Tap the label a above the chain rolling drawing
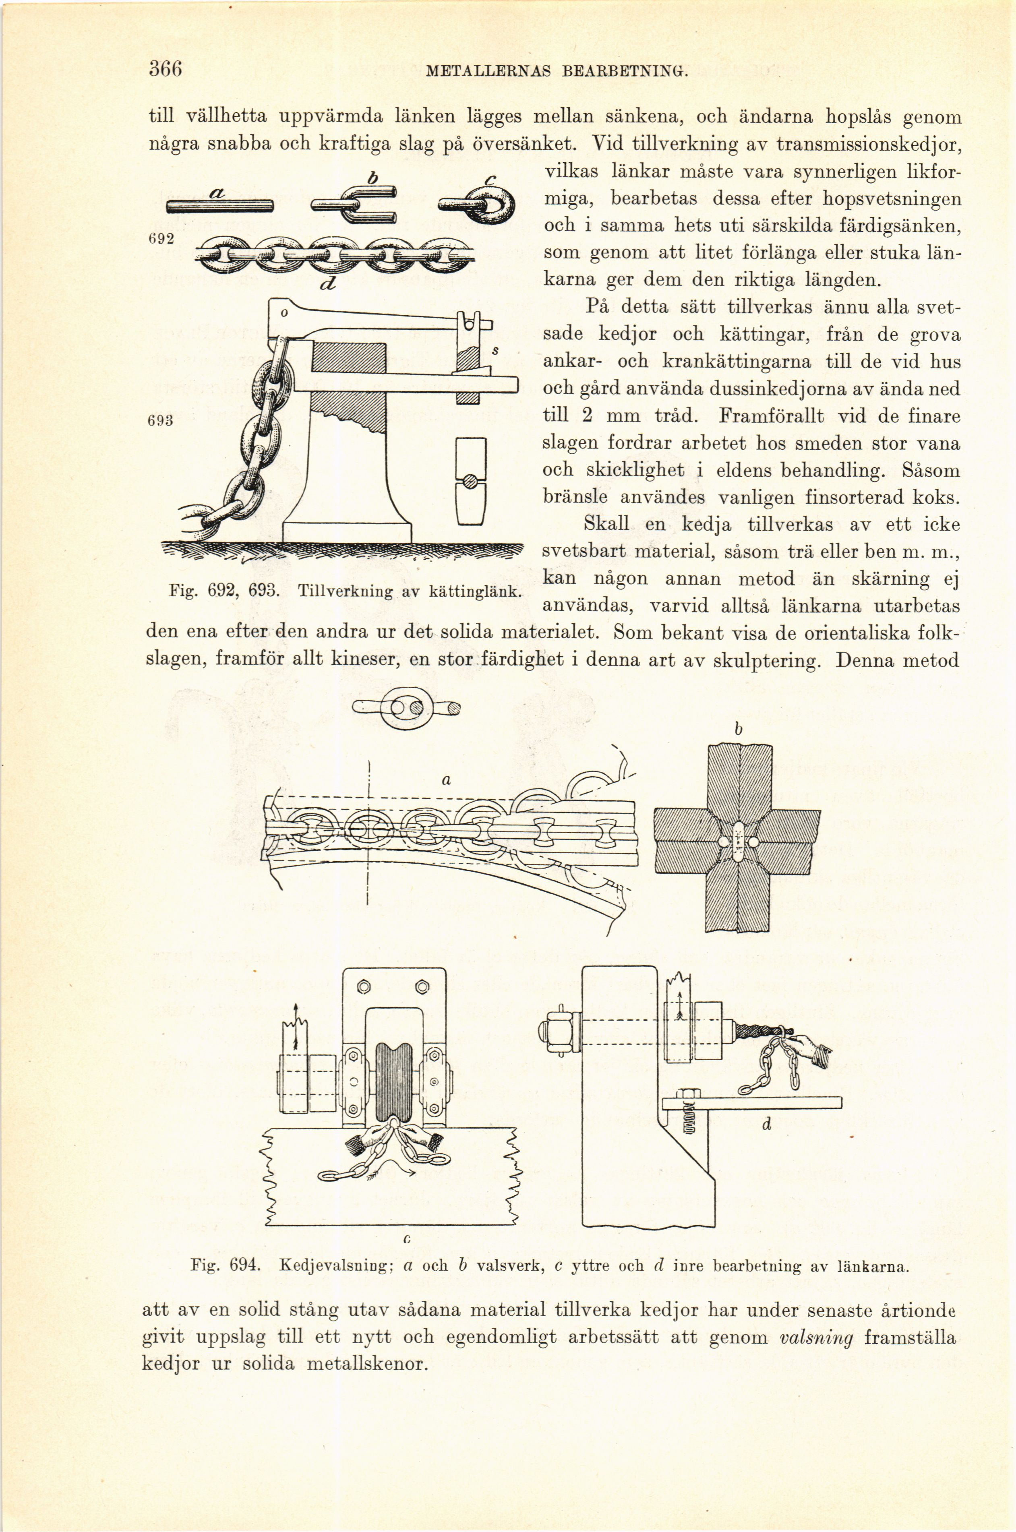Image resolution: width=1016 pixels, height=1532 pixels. click(445, 781)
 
